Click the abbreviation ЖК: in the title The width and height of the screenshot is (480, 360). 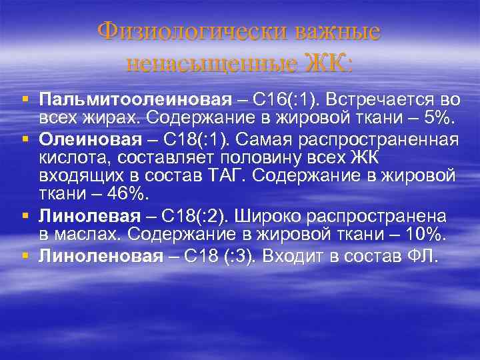tap(328, 64)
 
